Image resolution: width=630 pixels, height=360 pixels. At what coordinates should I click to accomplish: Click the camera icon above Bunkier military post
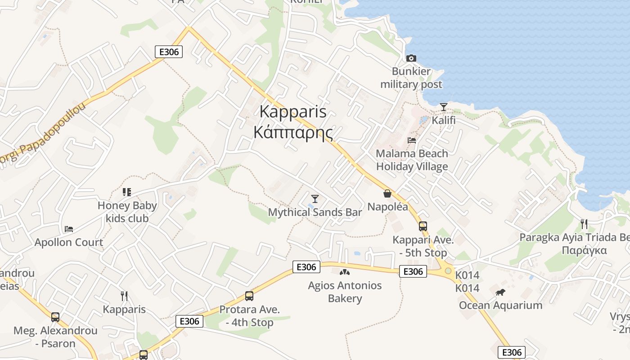411,58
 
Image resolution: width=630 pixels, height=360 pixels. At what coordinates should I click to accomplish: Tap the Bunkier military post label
411,78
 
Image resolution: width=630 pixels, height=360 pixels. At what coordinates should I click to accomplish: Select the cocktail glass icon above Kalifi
444,107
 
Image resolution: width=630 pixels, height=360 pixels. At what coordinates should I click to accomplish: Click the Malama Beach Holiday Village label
412,160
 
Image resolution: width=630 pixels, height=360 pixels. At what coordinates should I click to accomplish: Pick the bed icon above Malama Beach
411,140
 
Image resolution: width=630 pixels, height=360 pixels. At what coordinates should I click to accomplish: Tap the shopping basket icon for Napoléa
387,193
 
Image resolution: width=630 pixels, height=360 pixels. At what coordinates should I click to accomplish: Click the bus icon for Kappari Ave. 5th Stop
423,226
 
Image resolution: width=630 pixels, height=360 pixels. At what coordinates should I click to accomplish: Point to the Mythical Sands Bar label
315,212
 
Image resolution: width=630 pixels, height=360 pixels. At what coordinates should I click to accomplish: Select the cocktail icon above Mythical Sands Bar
315,198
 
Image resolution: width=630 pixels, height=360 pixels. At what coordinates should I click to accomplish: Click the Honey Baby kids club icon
127,192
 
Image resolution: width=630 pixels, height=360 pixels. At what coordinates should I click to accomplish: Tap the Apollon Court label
69,242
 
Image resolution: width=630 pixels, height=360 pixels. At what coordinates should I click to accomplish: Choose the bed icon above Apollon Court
69,229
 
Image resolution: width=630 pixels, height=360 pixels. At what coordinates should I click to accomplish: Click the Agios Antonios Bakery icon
345,272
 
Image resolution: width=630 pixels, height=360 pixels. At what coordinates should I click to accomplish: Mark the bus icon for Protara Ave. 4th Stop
249,296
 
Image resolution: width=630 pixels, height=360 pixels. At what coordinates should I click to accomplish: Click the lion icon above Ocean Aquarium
500,292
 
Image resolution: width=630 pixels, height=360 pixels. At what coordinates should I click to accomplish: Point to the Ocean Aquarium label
500,306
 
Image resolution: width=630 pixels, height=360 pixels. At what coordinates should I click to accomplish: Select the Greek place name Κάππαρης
293,133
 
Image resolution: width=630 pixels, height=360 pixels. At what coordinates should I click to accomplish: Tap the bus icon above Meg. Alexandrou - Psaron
55,317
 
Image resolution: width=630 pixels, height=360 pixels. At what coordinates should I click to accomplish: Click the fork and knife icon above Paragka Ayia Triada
584,224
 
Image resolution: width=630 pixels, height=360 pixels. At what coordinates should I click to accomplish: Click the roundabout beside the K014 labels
448,270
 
